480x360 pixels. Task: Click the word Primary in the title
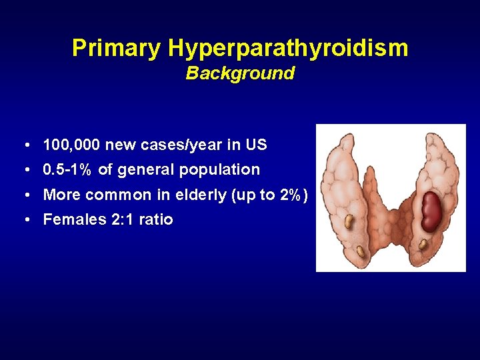coord(117,48)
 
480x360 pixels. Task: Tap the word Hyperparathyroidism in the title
coord(288,48)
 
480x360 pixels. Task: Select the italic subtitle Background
coord(240,73)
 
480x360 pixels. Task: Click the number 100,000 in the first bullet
coord(71,145)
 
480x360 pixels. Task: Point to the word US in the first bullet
coord(257,145)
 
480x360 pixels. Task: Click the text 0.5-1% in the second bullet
coord(68,170)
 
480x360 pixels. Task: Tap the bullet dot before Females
coord(24,220)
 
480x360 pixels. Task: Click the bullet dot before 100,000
coord(24,145)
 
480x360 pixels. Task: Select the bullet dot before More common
coord(24,195)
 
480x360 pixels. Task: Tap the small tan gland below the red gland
coord(423,245)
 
